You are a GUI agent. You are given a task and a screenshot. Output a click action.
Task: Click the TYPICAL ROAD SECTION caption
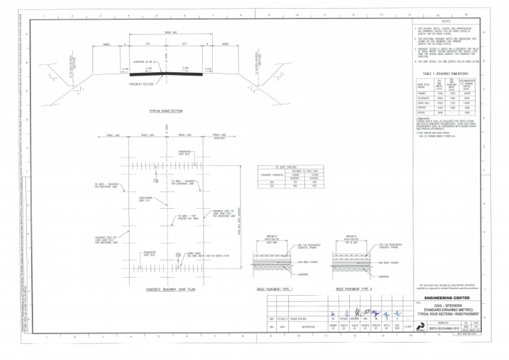click(166, 111)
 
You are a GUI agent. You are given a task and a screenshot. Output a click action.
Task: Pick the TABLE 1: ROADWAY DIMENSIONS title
click(445, 73)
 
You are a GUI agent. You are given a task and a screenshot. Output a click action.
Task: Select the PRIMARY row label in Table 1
click(422, 93)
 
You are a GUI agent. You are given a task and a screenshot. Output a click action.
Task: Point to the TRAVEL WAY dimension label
click(170, 32)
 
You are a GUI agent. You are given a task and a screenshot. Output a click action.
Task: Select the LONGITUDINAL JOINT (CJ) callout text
click(147, 198)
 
